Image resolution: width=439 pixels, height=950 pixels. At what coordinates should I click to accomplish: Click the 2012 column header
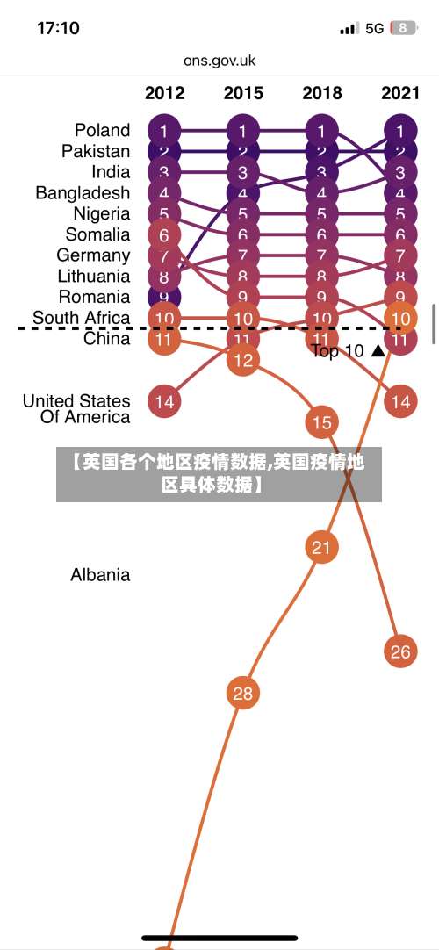click(164, 93)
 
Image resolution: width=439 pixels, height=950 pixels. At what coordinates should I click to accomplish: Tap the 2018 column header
click(321, 93)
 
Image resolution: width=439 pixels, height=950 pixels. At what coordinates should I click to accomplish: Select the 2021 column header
click(400, 93)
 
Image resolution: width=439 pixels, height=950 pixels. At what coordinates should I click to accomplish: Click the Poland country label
click(102, 130)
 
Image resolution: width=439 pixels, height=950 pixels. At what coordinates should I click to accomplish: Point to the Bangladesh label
click(83, 192)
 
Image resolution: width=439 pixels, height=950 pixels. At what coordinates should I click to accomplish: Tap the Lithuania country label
click(93, 276)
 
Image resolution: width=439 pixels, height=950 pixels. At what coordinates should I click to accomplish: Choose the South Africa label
click(81, 317)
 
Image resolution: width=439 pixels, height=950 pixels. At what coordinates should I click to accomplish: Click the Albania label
click(100, 575)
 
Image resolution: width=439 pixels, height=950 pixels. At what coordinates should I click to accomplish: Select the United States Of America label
click(76, 408)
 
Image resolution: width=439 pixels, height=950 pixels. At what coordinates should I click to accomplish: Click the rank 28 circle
click(242, 694)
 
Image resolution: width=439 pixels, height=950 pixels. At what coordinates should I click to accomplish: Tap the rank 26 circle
click(400, 651)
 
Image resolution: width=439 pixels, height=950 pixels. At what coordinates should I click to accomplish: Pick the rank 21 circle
click(321, 548)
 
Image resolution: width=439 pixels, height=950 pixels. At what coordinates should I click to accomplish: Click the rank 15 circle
click(321, 422)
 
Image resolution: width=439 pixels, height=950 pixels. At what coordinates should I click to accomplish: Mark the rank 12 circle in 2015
click(242, 359)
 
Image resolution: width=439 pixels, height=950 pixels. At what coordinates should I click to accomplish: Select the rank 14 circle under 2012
click(164, 401)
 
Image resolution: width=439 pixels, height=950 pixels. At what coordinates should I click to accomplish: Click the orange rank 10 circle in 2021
click(400, 318)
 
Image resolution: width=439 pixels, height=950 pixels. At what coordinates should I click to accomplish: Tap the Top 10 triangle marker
click(378, 351)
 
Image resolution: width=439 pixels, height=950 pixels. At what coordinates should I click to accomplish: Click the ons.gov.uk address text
click(219, 61)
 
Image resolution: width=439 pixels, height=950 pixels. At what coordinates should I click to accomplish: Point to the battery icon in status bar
click(403, 28)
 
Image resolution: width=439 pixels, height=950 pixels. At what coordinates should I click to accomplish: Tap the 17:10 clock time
click(58, 28)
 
